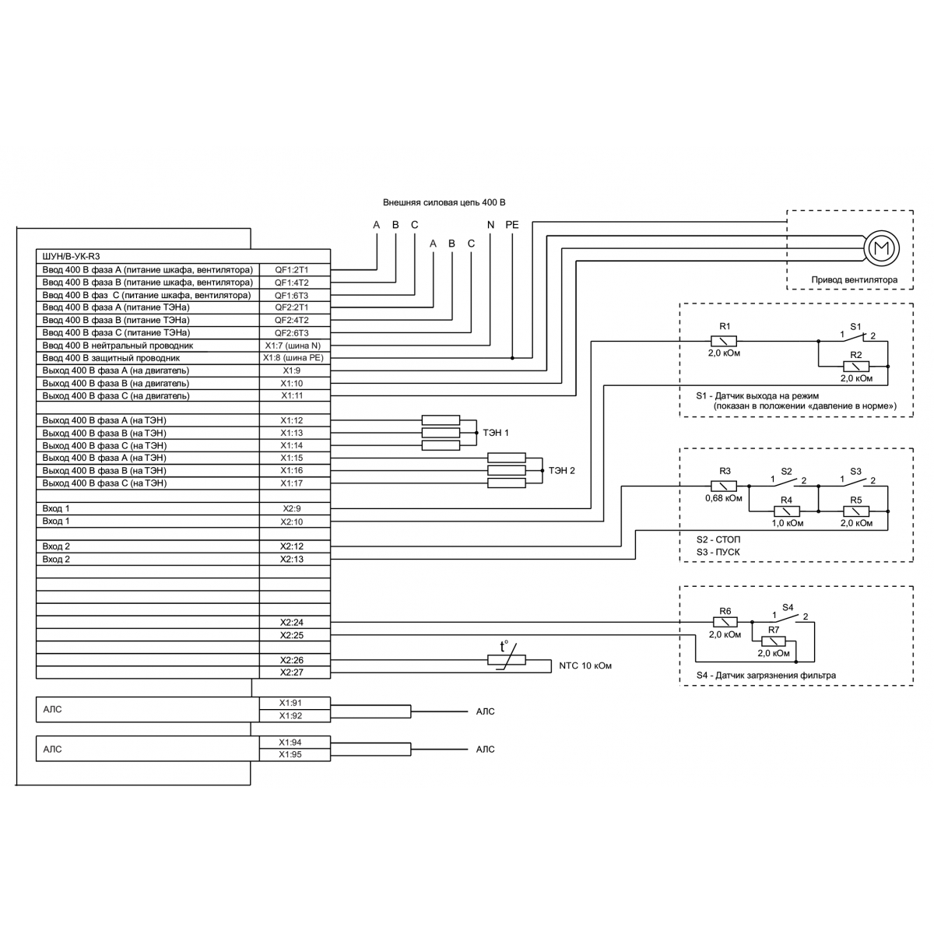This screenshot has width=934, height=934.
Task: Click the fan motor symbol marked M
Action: click(x=880, y=248)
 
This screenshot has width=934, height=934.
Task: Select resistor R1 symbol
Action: click(x=723, y=341)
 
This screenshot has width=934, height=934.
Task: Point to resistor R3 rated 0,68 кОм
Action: click(x=723, y=486)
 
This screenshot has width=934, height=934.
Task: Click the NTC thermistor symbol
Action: click(x=506, y=659)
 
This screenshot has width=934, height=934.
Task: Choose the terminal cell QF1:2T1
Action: click(x=295, y=269)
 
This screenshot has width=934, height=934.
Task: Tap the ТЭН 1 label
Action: click(x=495, y=432)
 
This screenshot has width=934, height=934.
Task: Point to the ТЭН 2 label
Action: click(x=561, y=470)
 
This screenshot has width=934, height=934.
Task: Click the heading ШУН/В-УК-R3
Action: click(x=71, y=256)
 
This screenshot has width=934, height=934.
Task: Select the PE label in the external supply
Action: click(x=512, y=225)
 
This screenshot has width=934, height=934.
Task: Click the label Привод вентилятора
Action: click(x=854, y=279)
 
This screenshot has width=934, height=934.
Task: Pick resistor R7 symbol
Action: click(x=773, y=641)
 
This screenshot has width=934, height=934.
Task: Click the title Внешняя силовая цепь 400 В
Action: click(x=444, y=202)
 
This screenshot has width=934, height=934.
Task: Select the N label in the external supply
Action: click(x=490, y=225)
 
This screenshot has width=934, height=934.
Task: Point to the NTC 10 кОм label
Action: click(x=585, y=665)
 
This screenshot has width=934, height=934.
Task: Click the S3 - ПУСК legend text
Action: click(x=718, y=552)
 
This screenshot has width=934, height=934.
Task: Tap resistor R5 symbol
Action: click(x=856, y=511)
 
